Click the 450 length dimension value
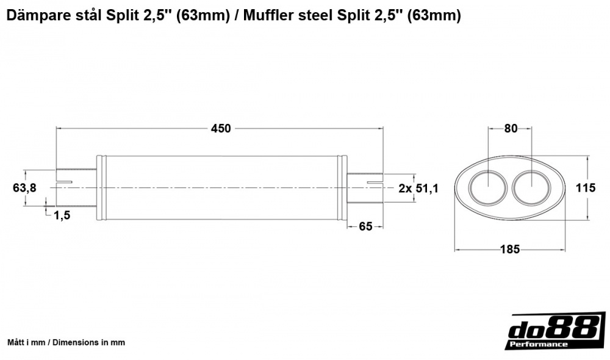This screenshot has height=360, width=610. click(x=220, y=129)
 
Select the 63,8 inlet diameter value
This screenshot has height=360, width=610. click(x=24, y=188)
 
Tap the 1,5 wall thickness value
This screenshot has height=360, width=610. click(x=61, y=214)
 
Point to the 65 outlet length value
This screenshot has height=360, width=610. click(x=365, y=226)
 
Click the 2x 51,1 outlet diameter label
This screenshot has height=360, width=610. click(x=418, y=188)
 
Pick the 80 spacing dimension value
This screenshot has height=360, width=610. click(x=511, y=129)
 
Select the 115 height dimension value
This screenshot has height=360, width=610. click(x=586, y=188)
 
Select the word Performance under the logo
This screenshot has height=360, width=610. click(x=539, y=344)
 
